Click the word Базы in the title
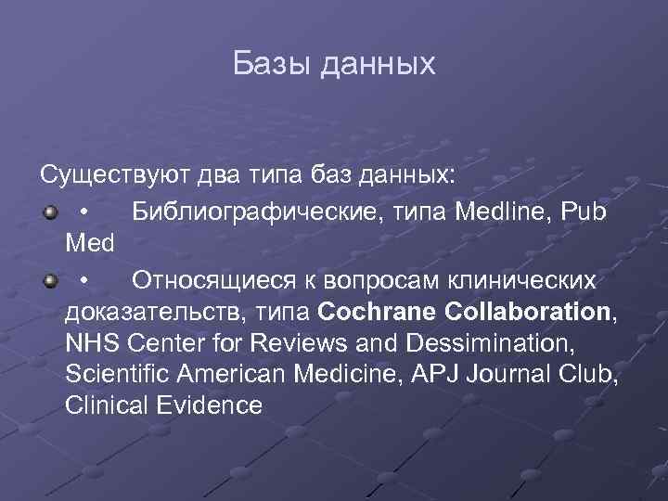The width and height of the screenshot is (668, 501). click(x=270, y=64)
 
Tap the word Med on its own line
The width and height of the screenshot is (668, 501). click(x=90, y=245)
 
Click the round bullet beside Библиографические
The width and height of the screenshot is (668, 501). click(x=49, y=212)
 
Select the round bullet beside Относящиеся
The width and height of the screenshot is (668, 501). click(x=49, y=278)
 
